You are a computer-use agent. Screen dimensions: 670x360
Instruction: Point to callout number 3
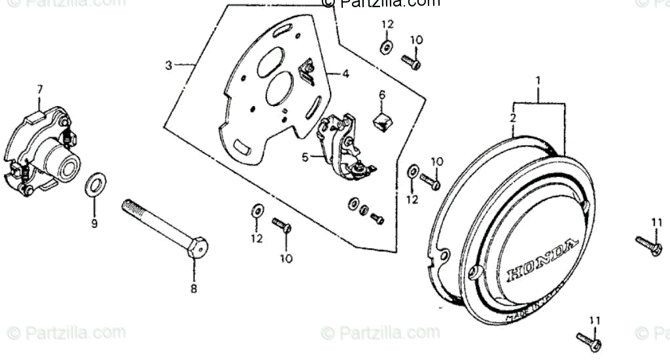click(x=169, y=65)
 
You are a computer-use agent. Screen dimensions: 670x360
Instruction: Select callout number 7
click(x=39, y=88)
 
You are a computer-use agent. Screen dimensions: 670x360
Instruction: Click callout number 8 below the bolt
click(x=194, y=288)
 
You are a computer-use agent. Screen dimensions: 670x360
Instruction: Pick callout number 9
click(x=94, y=224)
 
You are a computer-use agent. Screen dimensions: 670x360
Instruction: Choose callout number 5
click(x=305, y=157)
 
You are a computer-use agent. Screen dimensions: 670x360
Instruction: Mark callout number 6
click(x=382, y=96)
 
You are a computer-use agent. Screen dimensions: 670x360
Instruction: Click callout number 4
click(x=345, y=74)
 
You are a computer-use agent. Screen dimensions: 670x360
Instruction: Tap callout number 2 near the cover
click(x=514, y=118)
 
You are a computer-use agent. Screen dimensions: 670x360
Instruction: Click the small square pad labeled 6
click(x=383, y=120)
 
